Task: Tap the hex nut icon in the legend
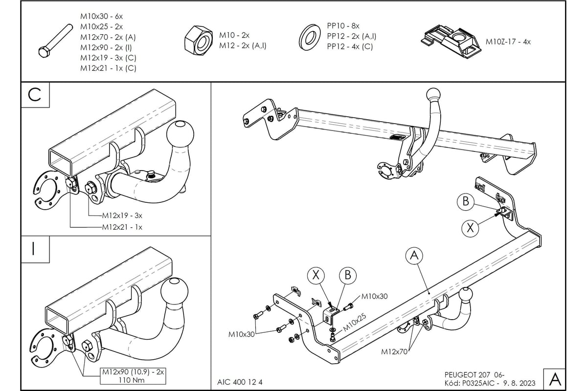click(x=198, y=40)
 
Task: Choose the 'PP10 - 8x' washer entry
click(x=343, y=25)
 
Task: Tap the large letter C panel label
click(x=35, y=95)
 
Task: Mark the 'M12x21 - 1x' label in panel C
click(x=122, y=227)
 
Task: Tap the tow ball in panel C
click(x=181, y=132)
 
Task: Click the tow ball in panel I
click(x=174, y=291)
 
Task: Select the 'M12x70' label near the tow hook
click(x=395, y=350)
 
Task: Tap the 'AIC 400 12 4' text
click(x=240, y=382)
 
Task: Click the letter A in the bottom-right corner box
click(x=555, y=378)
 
